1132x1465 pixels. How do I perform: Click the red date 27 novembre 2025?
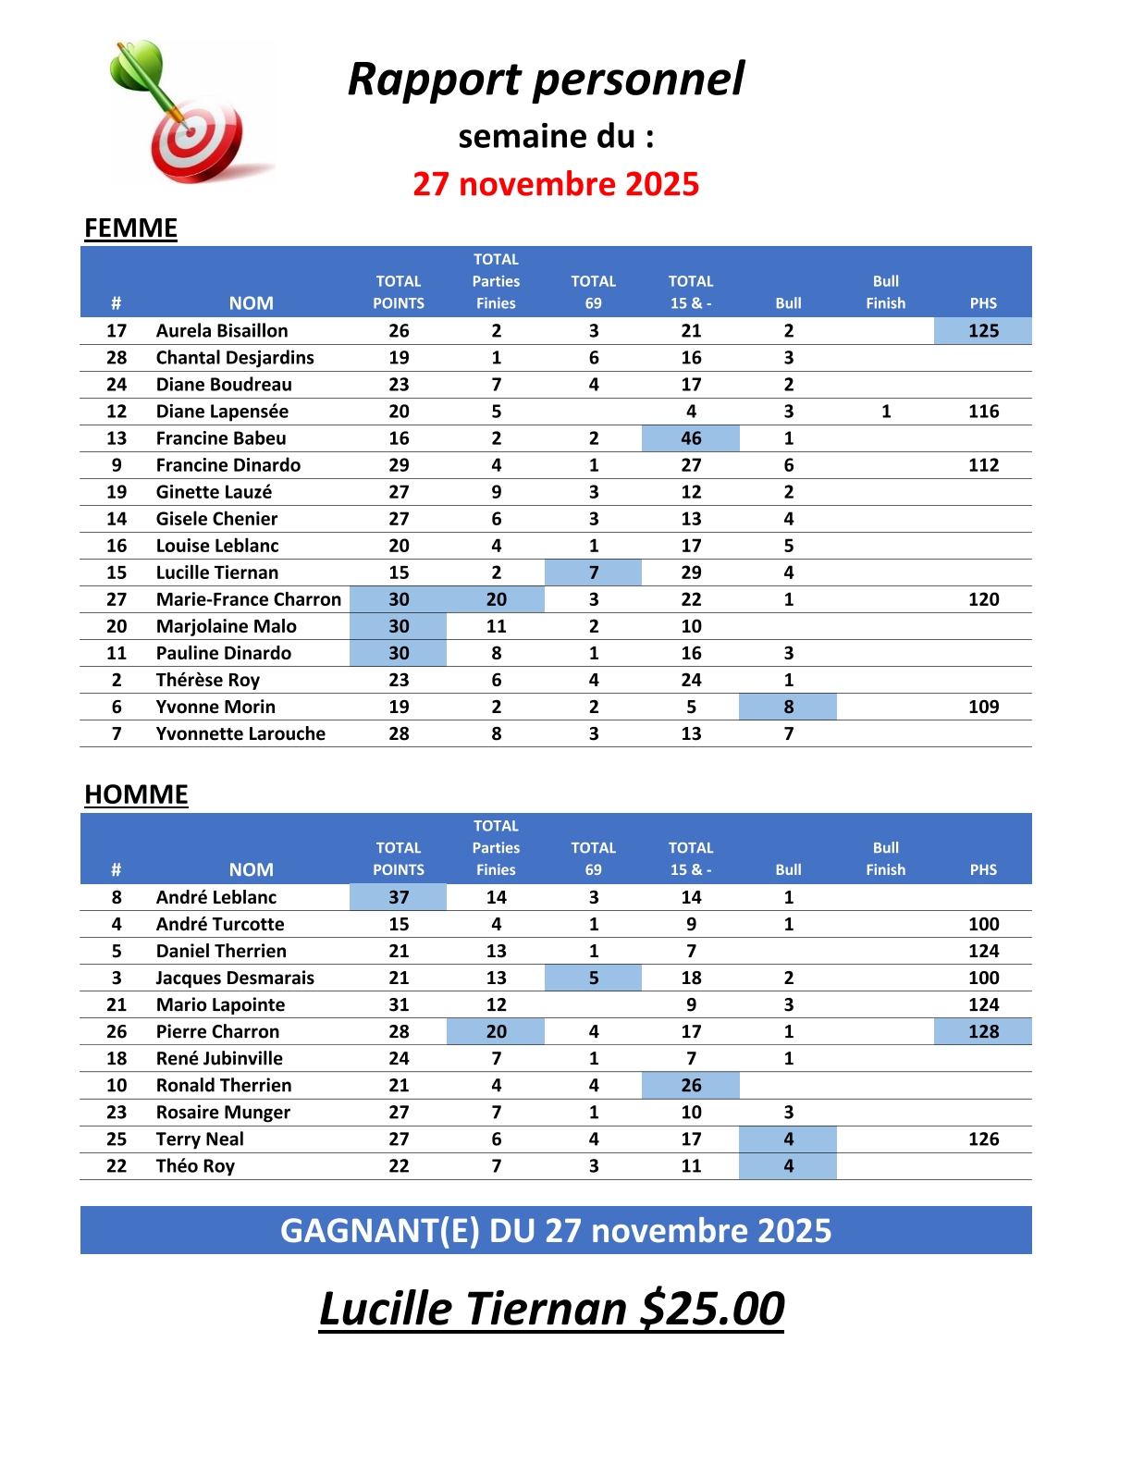556,184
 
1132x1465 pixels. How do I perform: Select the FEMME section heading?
130,228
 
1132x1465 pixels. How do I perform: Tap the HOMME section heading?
136,794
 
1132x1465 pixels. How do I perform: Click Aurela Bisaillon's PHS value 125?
983,331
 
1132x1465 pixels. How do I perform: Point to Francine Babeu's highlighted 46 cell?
691,438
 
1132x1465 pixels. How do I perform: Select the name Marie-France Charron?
249,599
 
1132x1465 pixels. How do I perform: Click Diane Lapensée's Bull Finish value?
886,412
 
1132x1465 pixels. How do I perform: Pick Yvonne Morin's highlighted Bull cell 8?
788,707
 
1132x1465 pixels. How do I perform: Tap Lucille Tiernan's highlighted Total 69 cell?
593,572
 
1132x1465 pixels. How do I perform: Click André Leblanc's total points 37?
399,897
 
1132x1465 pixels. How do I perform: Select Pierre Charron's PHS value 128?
983,1031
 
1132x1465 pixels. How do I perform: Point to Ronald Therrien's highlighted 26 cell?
691,1085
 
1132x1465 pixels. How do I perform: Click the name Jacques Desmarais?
235,978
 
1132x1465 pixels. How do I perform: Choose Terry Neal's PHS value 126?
983,1139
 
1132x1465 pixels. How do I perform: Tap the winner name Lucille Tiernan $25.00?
552,1309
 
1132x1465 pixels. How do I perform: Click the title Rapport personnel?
546,80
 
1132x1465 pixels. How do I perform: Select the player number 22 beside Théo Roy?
117,1165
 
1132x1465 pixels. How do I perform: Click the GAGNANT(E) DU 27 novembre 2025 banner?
556,1231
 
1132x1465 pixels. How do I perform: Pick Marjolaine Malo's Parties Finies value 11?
497,626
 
